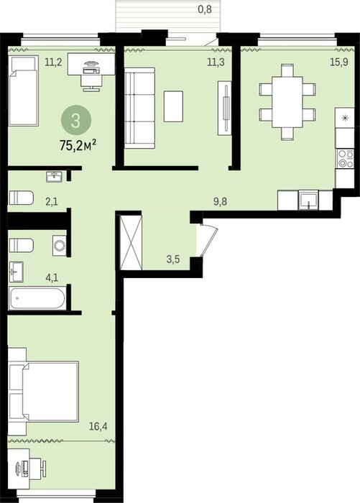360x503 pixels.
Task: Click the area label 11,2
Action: [53, 62]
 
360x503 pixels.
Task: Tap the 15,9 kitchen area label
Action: [339, 62]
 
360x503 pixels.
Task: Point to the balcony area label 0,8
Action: [205, 9]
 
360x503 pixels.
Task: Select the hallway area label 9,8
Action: [221, 202]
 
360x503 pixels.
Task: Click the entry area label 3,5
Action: [173, 259]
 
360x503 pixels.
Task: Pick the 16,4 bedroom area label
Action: [98, 426]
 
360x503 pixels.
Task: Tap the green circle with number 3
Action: [76, 121]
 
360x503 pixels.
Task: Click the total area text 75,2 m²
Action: [78, 146]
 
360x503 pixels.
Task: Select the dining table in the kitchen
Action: [287, 102]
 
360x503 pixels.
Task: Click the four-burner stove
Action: [345, 159]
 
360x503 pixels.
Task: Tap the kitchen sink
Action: [308, 200]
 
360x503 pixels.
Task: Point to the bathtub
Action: [37, 299]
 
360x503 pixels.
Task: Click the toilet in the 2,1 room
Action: [21, 198]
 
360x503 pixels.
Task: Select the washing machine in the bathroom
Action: [60, 246]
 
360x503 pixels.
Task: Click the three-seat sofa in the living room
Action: [139, 108]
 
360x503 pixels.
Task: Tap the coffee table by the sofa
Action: [174, 106]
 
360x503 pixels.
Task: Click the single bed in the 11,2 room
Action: [23, 91]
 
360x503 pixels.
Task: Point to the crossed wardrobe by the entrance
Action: [131, 243]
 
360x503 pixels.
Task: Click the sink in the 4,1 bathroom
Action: [16, 272]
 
